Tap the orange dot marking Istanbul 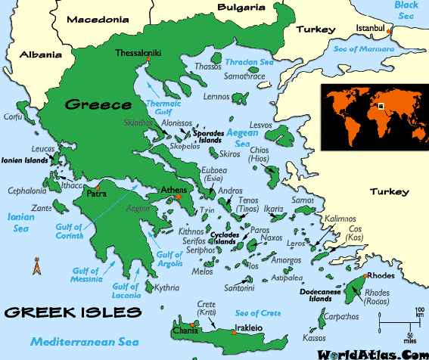[x=388, y=31]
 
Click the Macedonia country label [x=98, y=20]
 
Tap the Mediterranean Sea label [x=76, y=341]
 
